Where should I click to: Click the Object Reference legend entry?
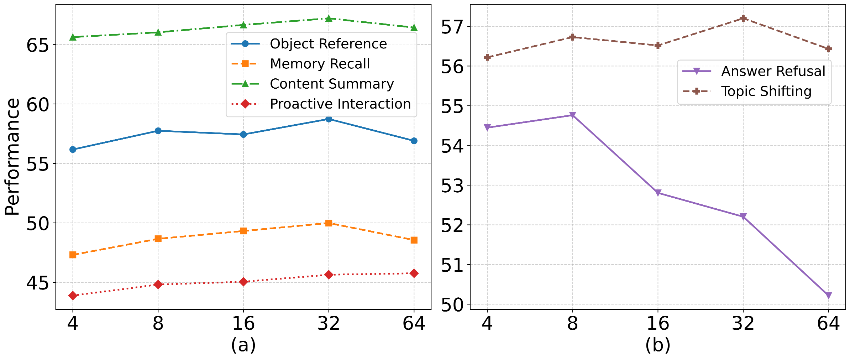pyautogui.click(x=328, y=44)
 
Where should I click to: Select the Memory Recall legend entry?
pyautogui.click(x=320, y=64)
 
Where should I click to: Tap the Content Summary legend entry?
pyautogui.click(x=331, y=84)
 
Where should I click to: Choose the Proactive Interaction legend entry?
pyautogui.click(x=340, y=104)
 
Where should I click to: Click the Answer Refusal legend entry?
pyautogui.click(x=773, y=71)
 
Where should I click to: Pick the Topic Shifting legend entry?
pyautogui.click(x=766, y=91)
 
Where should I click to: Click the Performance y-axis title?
pyautogui.click(x=12, y=157)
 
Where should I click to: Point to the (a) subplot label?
pyautogui.click(x=243, y=345)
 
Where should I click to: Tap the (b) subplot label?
pyautogui.click(x=657, y=345)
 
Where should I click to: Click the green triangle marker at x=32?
pyautogui.click(x=329, y=18)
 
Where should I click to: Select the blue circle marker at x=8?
pyautogui.click(x=158, y=131)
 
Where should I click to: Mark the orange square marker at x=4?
pyautogui.click(x=73, y=255)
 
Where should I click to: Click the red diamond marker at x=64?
pyautogui.click(x=414, y=273)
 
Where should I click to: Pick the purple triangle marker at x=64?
pyautogui.click(x=828, y=296)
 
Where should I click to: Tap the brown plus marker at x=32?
pyautogui.click(x=743, y=18)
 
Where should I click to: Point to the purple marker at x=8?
pyautogui.click(x=572, y=115)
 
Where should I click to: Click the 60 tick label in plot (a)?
pyautogui.click(x=37, y=105)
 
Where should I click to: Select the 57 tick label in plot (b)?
pyautogui.click(x=452, y=27)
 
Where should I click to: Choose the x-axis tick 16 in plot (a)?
pyautogui.click(x=243, y=323)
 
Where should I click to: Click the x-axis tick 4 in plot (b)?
pyautogui.click(x=487, y=323)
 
